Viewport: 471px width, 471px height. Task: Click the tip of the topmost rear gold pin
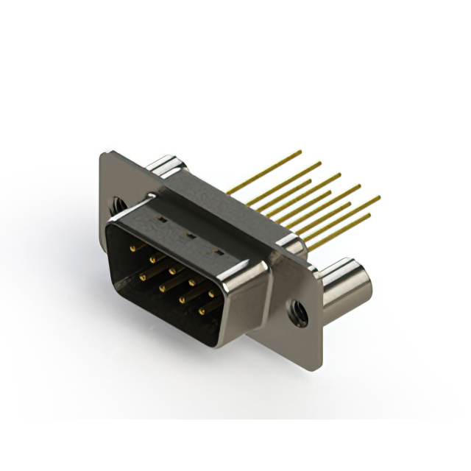coord(300,152)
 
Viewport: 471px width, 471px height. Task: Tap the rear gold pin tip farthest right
coord(379,196)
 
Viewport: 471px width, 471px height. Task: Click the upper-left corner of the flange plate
coord(102,152)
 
